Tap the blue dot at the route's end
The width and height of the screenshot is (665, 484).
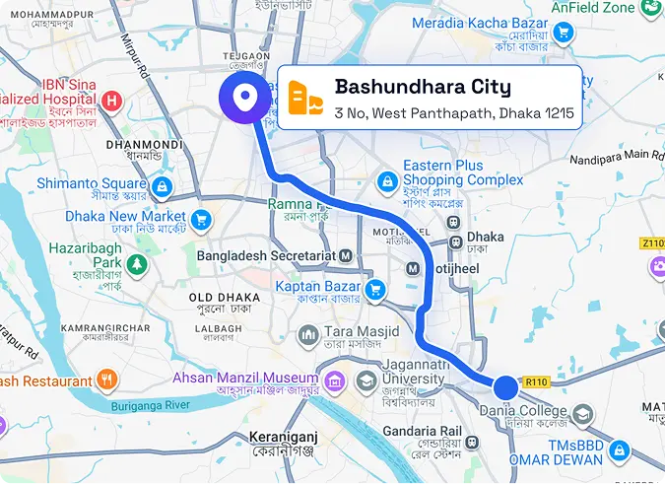tap(505, 386)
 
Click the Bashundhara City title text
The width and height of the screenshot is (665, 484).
tap(423, 87)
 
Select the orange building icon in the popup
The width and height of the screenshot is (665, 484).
tap(305, 98)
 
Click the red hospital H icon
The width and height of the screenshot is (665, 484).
tap(112, 100)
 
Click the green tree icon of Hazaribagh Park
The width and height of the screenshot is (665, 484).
tap(134, 264)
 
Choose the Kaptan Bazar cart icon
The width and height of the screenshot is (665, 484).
tap(374, 290)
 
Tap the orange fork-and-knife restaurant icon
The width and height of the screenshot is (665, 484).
tap(107, 380)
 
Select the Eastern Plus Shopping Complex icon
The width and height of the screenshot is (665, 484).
tap(389, 181)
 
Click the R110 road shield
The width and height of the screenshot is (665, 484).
tap(536, 381)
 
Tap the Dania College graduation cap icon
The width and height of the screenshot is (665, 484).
tap(584, 414)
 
